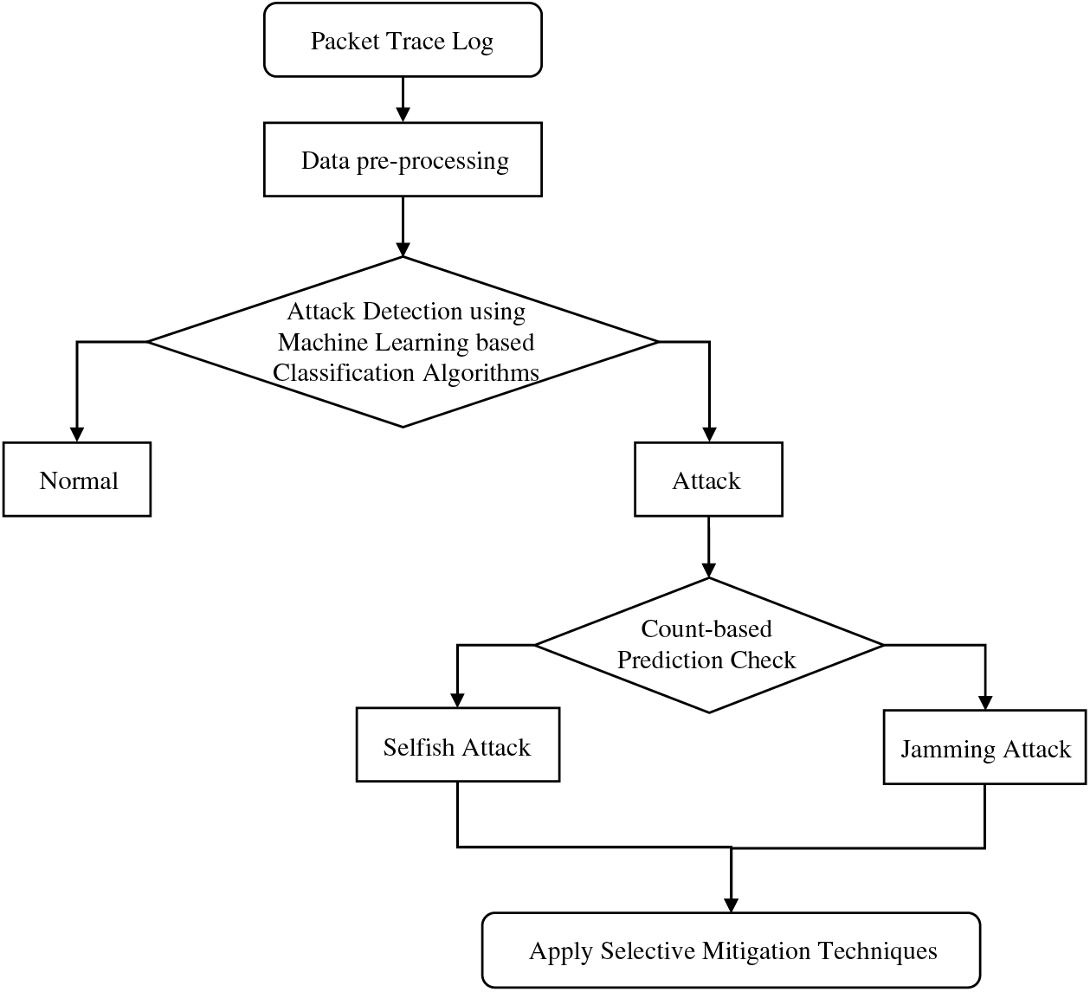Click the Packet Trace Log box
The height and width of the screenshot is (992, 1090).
tap(403, 40)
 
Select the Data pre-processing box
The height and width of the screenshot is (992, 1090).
tap(403, 159)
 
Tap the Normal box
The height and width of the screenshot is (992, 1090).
tap(76, 480)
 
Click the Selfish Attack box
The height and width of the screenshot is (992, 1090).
tap(457, 744)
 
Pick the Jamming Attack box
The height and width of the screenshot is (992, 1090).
tap(984, 747)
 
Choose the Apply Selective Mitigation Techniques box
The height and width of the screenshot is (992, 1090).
tap(731, 950)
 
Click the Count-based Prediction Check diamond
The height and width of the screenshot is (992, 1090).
tap(708, 646)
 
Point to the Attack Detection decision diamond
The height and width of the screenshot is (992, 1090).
tap(403, 342)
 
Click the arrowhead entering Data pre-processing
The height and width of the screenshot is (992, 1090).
tap(403, 114)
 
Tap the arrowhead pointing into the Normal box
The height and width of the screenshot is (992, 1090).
tap(76, 434)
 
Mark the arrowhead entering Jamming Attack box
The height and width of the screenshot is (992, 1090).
tap(984, 702)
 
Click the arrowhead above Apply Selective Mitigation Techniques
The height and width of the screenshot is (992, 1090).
tap(731, 905)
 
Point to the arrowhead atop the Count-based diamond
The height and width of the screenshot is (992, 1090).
tap(708, 570)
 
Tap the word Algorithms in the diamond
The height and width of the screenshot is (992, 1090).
tap(481, 374)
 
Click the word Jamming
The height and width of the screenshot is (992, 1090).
tap(948, 750)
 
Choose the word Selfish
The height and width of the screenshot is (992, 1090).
tap(419, 747)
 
